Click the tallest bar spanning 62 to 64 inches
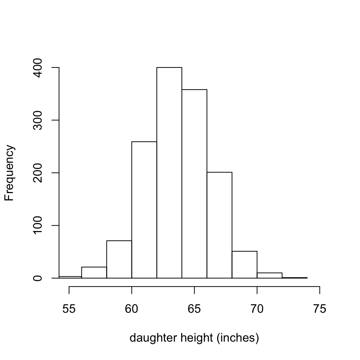169,172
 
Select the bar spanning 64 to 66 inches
194,184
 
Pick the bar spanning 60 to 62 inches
144,210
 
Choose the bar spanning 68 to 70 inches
244,265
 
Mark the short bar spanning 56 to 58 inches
94,273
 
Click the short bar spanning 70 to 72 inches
269,275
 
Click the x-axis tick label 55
69,309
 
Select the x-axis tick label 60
132,309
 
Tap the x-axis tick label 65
194,309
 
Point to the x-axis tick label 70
257,309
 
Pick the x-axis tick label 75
319,309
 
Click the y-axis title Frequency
9,173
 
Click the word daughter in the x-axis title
147,338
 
